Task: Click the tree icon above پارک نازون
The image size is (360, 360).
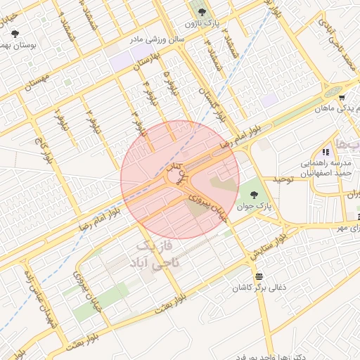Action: pyautogui.click(x=202, y=12)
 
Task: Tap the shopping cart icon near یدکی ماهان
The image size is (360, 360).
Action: pyautogui.click(x=341, y=98)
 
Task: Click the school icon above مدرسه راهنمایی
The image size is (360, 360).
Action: pyautogui.click(x=325, y=152)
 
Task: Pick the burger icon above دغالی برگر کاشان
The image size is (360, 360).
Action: pyautogui.click(x=260, y=276)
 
